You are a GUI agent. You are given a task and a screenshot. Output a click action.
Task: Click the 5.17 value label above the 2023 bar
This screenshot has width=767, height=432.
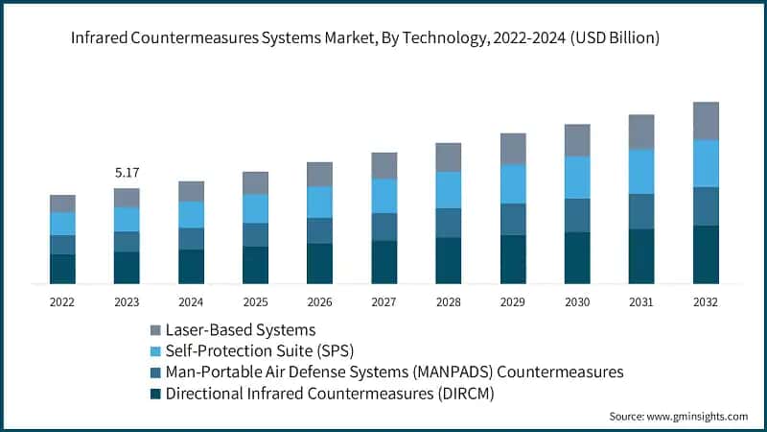click(x=127, y=174)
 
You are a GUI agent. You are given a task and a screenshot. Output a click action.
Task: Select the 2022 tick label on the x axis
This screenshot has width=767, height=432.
click(x=62, y=301)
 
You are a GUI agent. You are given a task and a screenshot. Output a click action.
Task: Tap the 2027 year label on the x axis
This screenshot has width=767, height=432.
click(x=383, y=301)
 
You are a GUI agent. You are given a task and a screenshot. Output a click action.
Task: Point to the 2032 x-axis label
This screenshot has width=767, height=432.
click(x=706, y=301)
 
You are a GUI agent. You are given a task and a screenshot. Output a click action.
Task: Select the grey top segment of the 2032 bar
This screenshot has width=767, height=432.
click(x=706, y=121)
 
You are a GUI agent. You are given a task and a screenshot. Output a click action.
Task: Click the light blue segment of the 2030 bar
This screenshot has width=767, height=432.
click(x=577, y=177)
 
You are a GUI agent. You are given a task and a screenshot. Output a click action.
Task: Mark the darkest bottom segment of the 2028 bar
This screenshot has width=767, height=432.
click(x=449, y=260)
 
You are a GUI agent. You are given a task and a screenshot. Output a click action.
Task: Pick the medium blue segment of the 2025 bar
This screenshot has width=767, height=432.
click(x=255, y=235)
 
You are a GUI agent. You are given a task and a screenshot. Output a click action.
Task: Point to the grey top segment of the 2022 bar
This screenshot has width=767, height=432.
click(x=62, y=204)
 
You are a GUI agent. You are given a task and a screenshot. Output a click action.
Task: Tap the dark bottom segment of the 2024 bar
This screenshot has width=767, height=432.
click(x=191, y=266)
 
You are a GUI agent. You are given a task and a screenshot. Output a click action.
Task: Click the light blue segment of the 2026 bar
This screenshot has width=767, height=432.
click(x=319, y=202)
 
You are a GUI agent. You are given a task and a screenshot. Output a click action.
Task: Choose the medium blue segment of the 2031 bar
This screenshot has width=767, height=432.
click(x=641, y=211)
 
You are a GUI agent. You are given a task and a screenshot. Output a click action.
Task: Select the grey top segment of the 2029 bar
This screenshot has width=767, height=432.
click(x=513, y=149)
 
